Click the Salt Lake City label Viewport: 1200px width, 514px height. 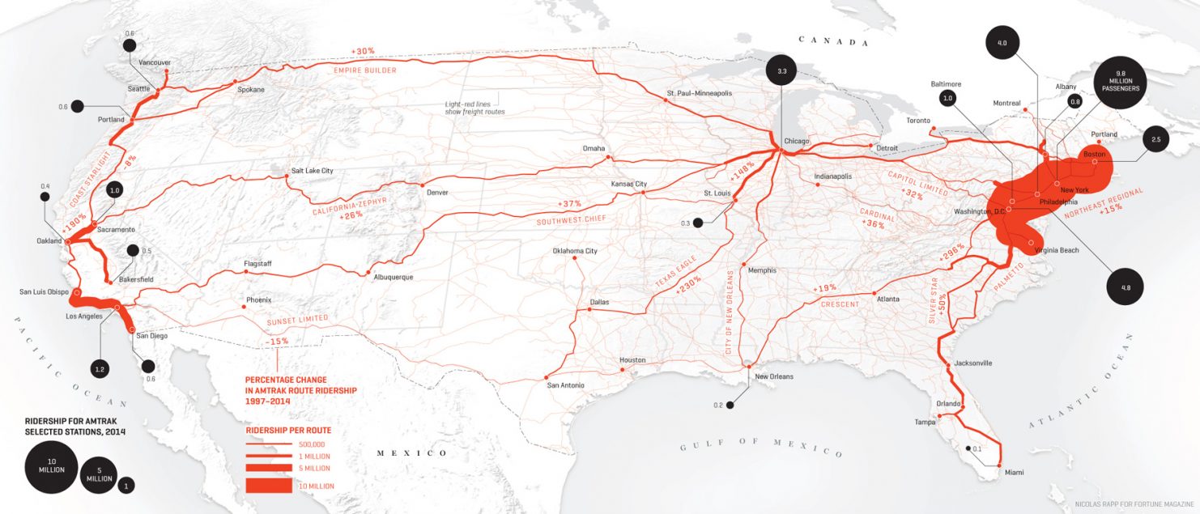(x=313, y=171)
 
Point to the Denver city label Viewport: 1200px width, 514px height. (x=437, y=193)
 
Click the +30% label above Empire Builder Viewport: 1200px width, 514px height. (x=363, y=52)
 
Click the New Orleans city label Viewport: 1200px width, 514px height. (x=774, y=376)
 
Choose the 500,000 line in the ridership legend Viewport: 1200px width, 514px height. (x=269, y=444)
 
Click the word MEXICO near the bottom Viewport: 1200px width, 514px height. (x=413, y=452)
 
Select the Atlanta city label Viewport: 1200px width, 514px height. (x=887, y=299)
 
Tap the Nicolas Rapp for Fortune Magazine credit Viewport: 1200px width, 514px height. (x=1134, y=504)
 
